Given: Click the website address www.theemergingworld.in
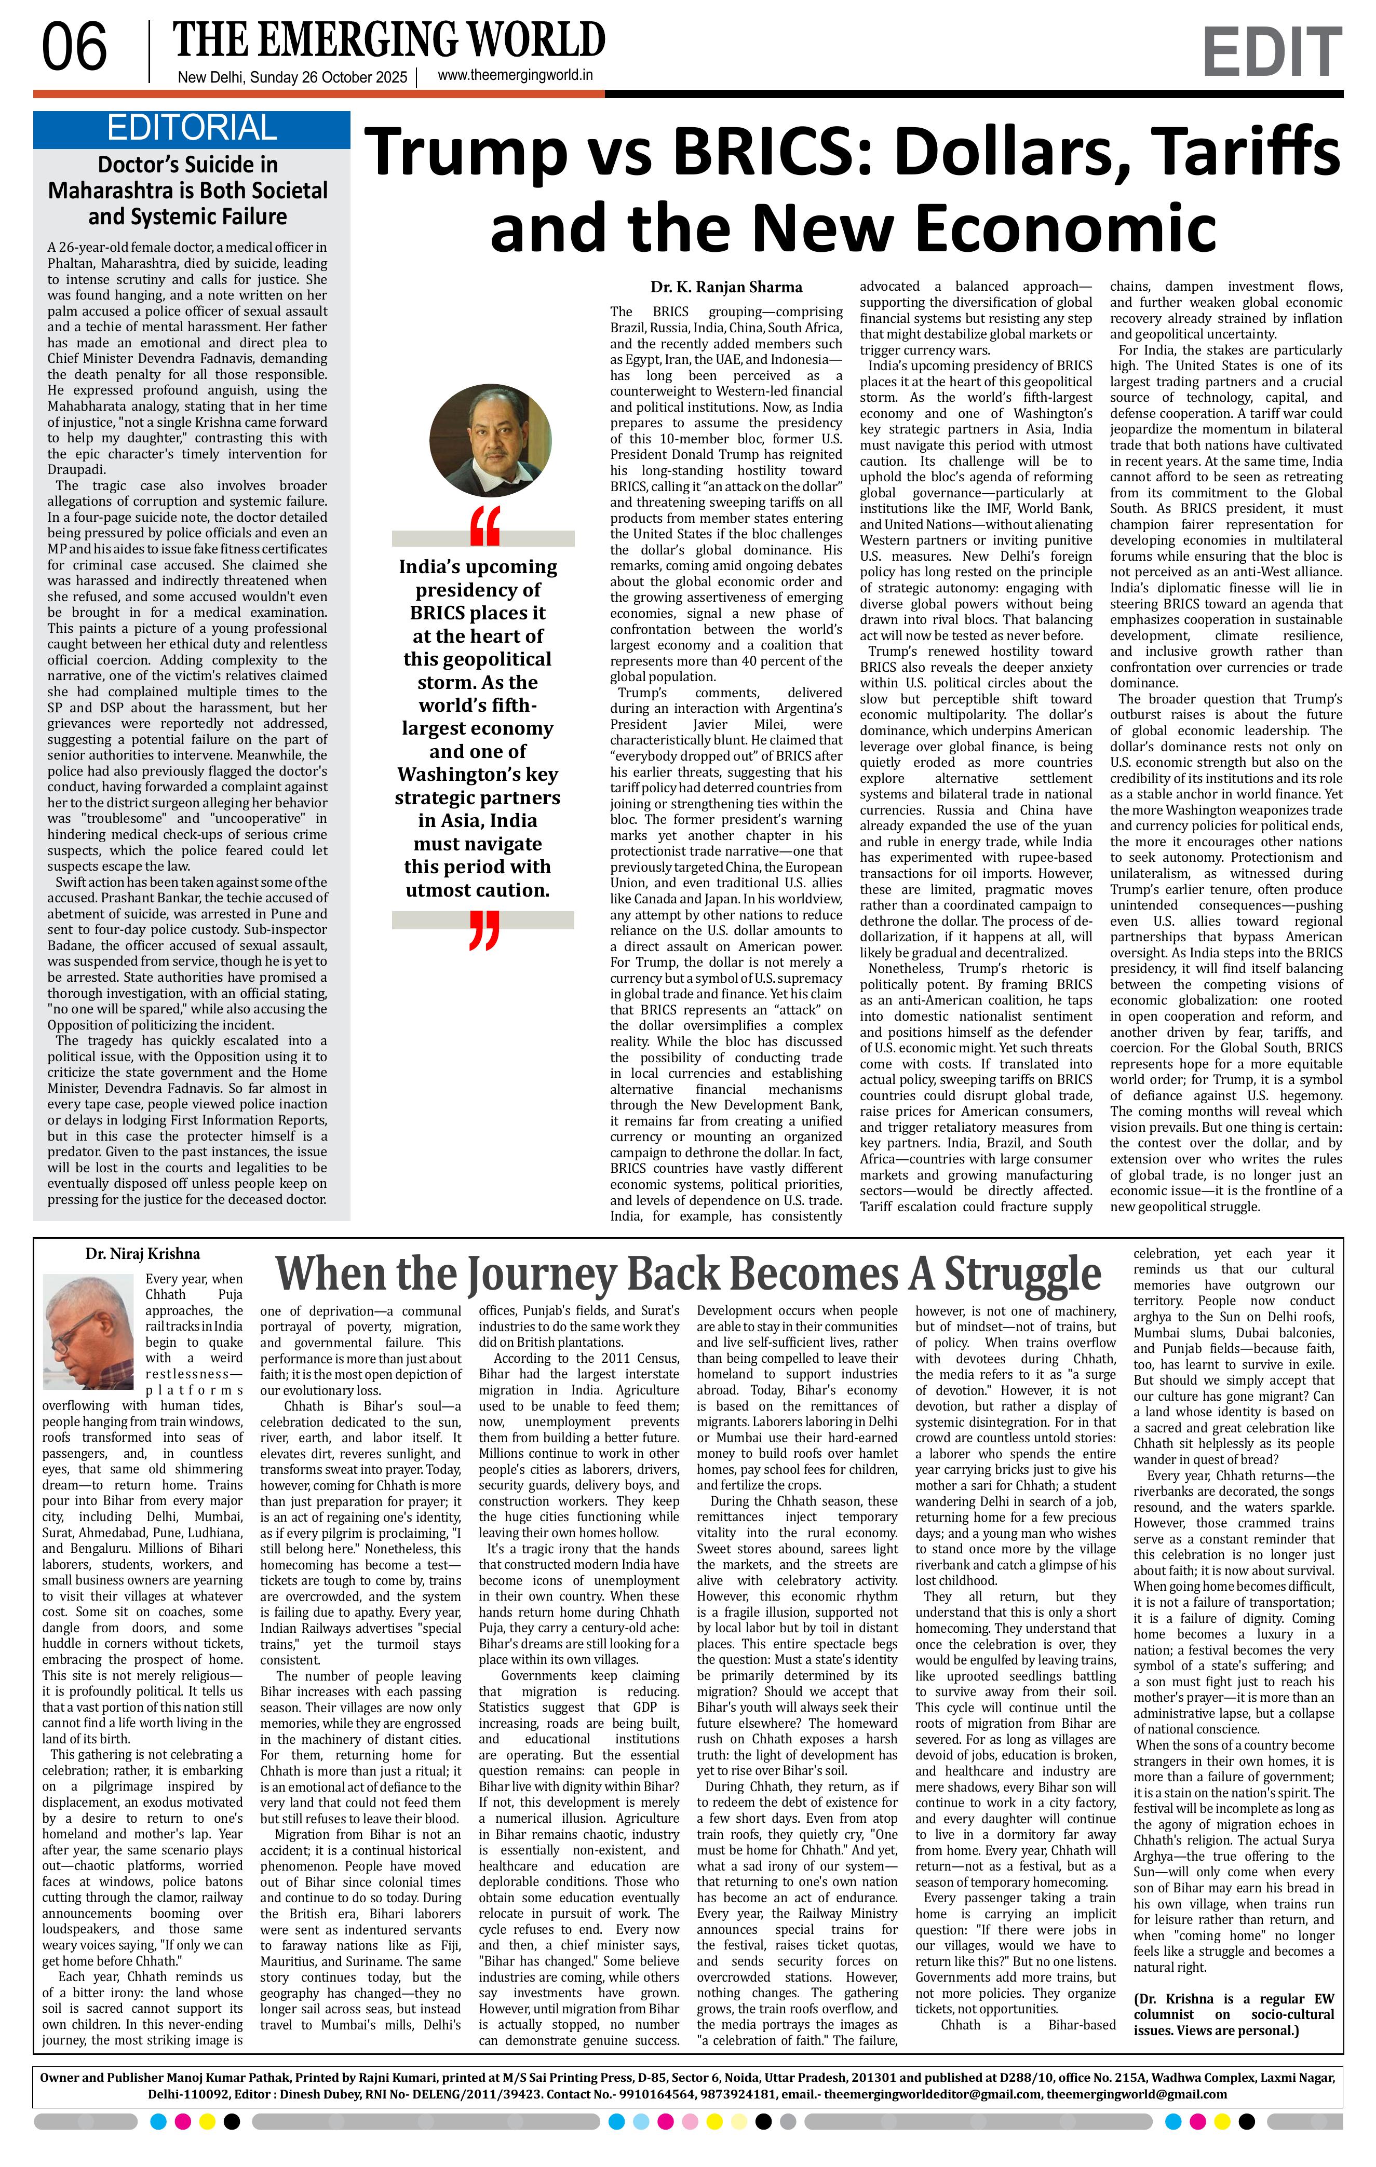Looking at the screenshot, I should coord(515,76).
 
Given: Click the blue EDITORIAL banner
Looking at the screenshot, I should coord(192,129).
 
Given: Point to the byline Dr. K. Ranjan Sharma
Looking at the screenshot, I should coord(726,287).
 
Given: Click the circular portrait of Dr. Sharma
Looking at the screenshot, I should coord(478,441).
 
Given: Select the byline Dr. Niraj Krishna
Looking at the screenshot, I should coord(143,1254).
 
